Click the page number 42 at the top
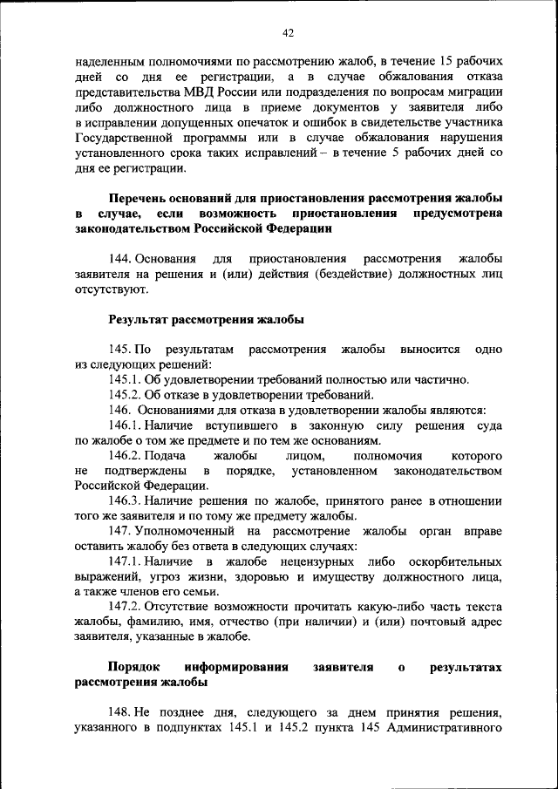click(288, 33)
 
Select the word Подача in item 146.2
click(166, 456)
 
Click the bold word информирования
click(235, 667)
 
